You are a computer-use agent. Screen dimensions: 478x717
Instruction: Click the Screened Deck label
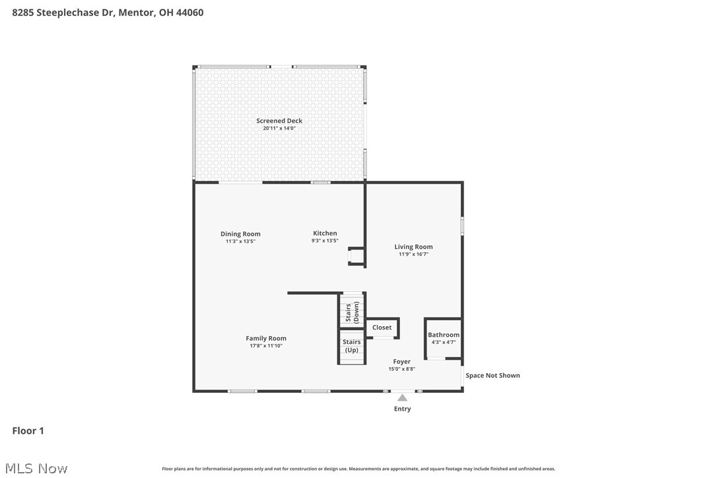pos(279,121)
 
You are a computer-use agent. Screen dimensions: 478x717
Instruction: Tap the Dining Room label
pos(240,234)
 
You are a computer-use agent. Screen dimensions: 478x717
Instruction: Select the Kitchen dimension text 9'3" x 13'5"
pos(325,241)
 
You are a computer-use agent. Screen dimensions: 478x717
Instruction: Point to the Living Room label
pos(413,247)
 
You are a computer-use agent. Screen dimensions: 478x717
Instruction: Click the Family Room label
pos(266,338)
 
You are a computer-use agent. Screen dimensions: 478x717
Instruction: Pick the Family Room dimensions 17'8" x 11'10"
pos(266,346)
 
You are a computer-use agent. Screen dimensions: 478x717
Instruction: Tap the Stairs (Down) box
pos(352,310)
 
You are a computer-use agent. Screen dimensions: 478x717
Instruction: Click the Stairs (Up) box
pos(352,346)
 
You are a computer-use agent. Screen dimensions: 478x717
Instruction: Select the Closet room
pos(382,327)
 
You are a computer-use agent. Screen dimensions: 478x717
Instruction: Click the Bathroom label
pos(444,335)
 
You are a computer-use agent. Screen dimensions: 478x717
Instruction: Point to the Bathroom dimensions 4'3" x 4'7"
pos(444,342)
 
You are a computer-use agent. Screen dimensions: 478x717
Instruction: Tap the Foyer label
pos(401,361)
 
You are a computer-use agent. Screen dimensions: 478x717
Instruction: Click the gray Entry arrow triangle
pos(402,397)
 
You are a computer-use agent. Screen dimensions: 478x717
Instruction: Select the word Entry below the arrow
pos(402,409)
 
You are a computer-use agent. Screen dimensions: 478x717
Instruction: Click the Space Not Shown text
pos(493,376)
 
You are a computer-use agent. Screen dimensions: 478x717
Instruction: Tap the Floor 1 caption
pos(28,431)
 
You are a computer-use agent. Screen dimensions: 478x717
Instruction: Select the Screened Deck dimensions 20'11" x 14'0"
pos(279,129)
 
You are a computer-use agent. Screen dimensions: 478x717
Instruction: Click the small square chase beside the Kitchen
pos(357,256)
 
